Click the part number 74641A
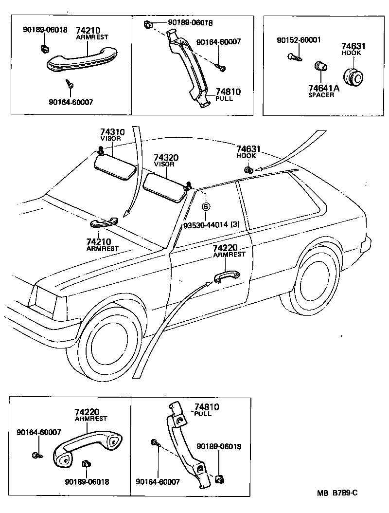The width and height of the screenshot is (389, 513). coord(323,88)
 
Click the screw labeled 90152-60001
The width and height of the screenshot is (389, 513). coord(296,56)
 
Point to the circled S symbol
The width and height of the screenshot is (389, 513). coord(206,206)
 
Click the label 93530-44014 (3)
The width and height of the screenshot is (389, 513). coord(212,225)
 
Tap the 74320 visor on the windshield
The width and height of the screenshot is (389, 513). coord(164,186)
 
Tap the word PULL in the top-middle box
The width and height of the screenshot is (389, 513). coord(224,98)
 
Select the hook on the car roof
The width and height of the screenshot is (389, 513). coord(248,170)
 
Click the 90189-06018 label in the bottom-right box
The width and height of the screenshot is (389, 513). coord(219,446)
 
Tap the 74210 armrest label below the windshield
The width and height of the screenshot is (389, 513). coord(99,241)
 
